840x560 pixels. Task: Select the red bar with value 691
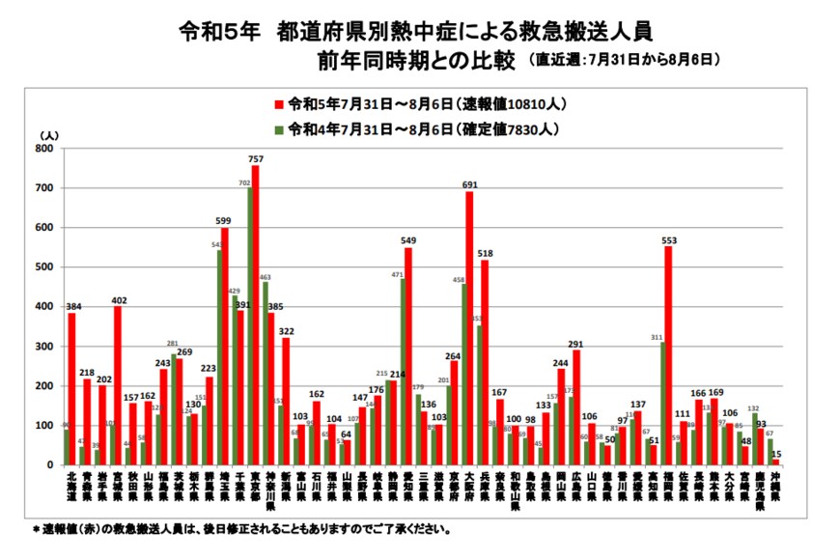click(x=469, y=328)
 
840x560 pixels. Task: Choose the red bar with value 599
click(x=225, y=347)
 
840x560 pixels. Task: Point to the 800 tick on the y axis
click(x=43, y=149)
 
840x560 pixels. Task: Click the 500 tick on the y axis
click(x=43, y=267)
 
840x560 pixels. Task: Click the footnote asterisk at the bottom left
click(x=34, y=530)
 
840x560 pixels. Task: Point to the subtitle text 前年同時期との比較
click(x=418, y=61)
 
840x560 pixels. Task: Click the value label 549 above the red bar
click(x=409, y=239)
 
